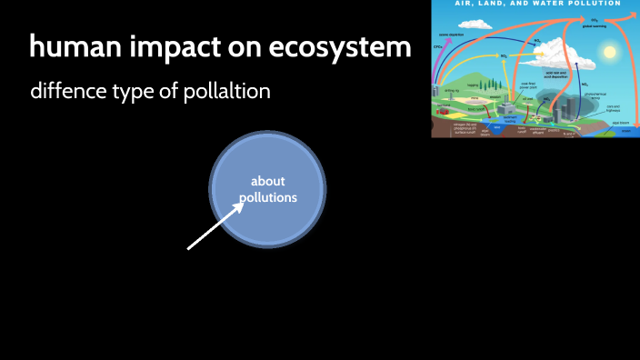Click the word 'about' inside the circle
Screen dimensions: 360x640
267,181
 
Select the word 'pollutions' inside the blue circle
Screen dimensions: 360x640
267,196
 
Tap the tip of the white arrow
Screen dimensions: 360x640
244,203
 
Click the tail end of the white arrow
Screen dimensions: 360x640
189,247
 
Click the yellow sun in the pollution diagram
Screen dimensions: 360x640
609,52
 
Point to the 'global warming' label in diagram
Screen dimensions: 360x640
595,25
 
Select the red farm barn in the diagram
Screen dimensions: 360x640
444,110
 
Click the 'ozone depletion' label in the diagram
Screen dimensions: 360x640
452,35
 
